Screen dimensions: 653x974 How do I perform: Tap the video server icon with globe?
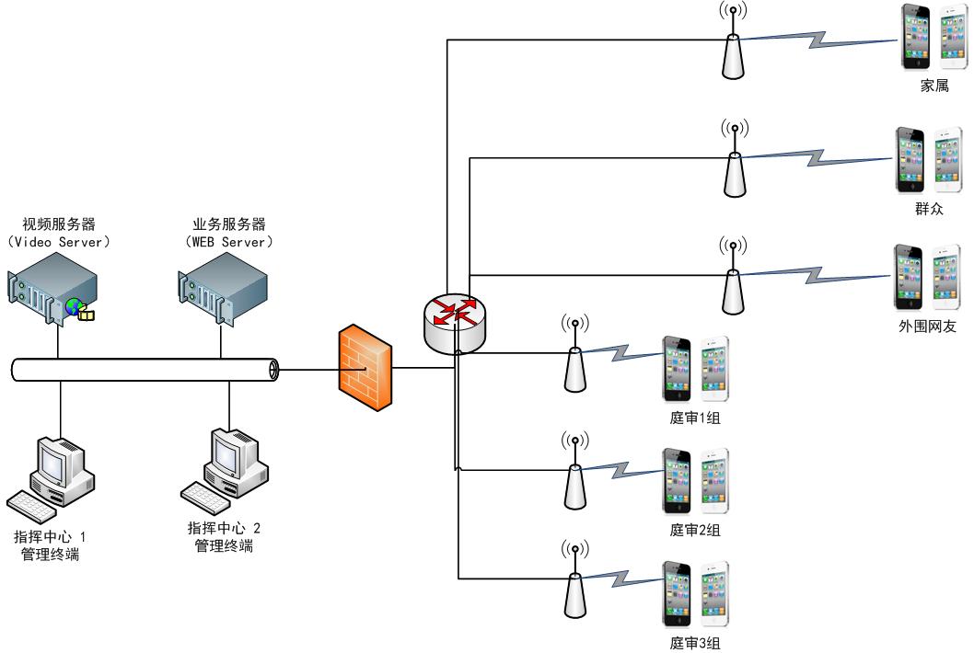[x=52, y=289]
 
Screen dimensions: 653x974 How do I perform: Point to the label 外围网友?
[x=928, y=326]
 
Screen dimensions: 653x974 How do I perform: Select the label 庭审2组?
[x=695, y=530]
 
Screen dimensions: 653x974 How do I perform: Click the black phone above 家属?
[x=916, y=38]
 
